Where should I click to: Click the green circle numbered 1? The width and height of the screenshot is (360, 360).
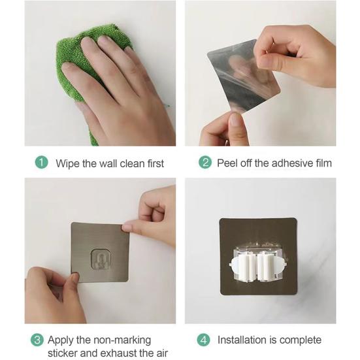pos(42,163)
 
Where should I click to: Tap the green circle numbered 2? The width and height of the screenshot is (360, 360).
pos(205,162)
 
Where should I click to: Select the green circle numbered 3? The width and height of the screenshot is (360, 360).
pos(37,340)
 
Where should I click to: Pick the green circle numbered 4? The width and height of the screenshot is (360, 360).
pos(204,340)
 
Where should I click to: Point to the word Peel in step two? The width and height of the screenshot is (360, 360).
pos(227,163)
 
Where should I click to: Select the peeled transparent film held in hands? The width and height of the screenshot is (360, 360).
pos(243,76)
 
